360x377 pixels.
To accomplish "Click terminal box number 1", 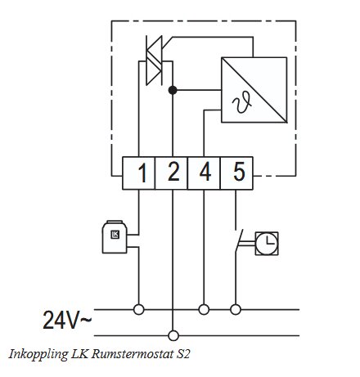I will click(x=141, y=173).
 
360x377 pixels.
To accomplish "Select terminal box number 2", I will click(x=173, y=173).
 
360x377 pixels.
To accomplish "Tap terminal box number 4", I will click(x=204, y=173).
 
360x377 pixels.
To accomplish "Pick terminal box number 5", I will click(x=236, y=173).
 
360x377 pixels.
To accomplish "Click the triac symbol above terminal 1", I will click(x=152, y=61).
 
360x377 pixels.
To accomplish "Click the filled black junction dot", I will click(x=172, y=89).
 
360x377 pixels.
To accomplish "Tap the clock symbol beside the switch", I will click(x=265, y=242).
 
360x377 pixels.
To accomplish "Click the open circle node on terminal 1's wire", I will click(x=140, y=309).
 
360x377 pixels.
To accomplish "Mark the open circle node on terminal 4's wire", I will click(x=204, y=309).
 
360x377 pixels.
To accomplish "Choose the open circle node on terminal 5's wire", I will click(x=236, y=309).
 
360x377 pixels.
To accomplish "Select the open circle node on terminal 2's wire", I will click(x=173, y=334).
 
